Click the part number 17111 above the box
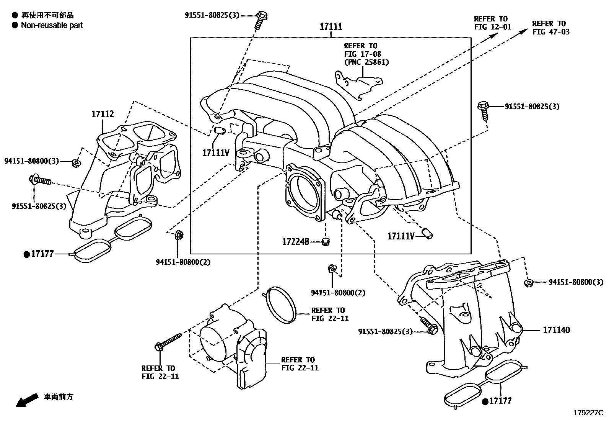pos(331,27)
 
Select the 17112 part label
pos(102,114)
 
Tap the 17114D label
pos(556,330)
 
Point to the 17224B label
pos(295,242)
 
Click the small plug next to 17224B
pos(326,242)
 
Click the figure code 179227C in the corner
pos(588,413)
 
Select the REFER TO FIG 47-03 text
pos(550,28)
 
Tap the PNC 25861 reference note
pos(366,62)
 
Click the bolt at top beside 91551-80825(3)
pos(261,17)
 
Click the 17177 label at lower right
pos(500,401)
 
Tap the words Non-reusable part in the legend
pos(52,25)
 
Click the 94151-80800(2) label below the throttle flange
pos(338,293)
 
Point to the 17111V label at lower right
pos(401,236)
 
